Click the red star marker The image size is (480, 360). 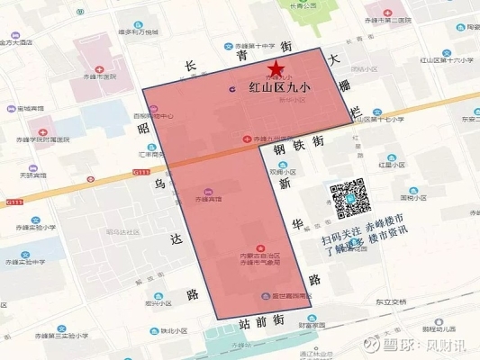coord(275,68)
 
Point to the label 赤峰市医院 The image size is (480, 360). coord(99,77)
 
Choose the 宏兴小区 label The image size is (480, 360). coord(134,303)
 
